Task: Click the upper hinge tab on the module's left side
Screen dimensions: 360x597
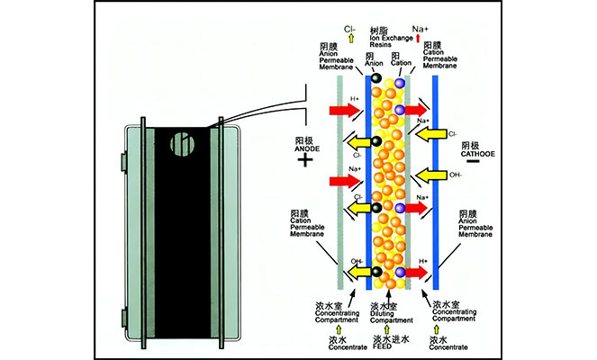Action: click(122, 159)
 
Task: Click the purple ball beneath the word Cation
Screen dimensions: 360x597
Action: click(399, 83)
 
